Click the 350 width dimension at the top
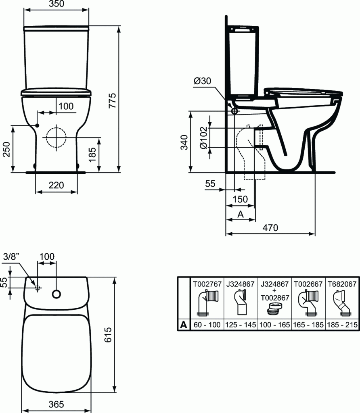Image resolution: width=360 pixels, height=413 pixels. [56, 4]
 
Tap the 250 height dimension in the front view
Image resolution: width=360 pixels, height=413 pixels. [6, 149]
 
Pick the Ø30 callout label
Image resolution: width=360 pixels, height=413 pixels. [202, 81]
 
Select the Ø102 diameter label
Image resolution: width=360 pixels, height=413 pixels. [203, 138]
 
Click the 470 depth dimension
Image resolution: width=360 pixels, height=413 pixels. [270, 228]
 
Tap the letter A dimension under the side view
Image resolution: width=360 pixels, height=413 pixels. [240, 215]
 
